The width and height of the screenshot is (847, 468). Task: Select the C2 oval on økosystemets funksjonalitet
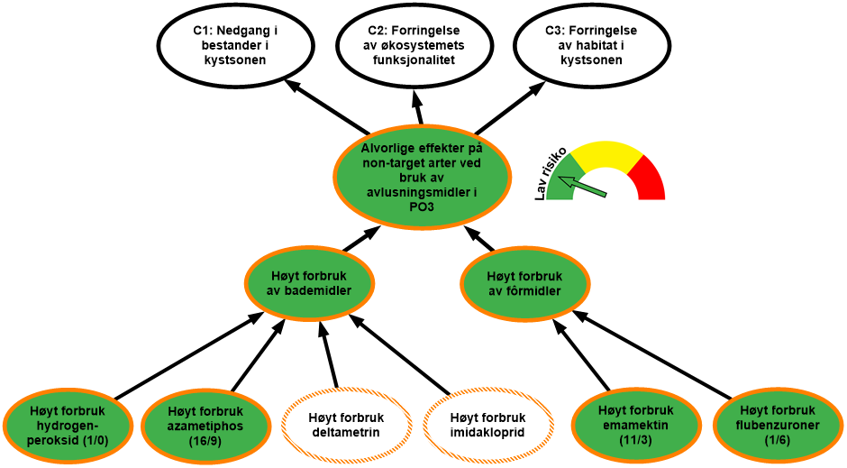(x=414, y=45)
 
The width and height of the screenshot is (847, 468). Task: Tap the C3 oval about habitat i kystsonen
(x=591, y=45)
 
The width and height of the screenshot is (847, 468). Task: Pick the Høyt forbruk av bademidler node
(x=309, y=283)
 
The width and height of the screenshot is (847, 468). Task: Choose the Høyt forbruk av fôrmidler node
(x=524, y=283)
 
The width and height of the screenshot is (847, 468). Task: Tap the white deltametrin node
(x=347, y=425)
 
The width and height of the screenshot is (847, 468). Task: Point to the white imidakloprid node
(x=487, y=425)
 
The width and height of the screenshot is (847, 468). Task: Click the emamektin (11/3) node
(x=635, y=424)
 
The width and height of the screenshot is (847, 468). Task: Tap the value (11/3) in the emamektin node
(x=635, y=438)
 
